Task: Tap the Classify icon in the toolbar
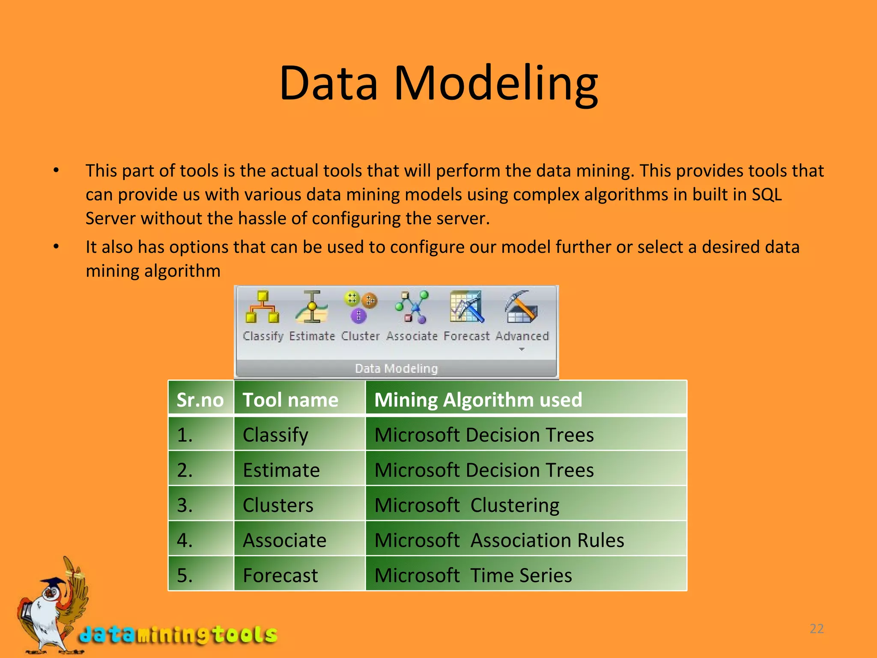pos(263,308)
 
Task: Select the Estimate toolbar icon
pos(312,308)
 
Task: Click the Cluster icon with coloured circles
pos(360,307)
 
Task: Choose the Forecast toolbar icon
pos(466,307)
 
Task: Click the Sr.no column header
pos(200,400)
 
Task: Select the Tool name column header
pos(290,400)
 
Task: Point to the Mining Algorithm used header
pos(478,400)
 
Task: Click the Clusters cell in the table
pos(278,505)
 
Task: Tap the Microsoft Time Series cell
pos(473,575)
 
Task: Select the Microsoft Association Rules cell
pos(499,540)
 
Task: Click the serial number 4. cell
pos(185,540)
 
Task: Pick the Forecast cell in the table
pos(280,575)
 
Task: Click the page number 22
pos(817,628)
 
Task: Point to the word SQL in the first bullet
pos(767,194)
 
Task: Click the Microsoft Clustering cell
pos(467,505)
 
